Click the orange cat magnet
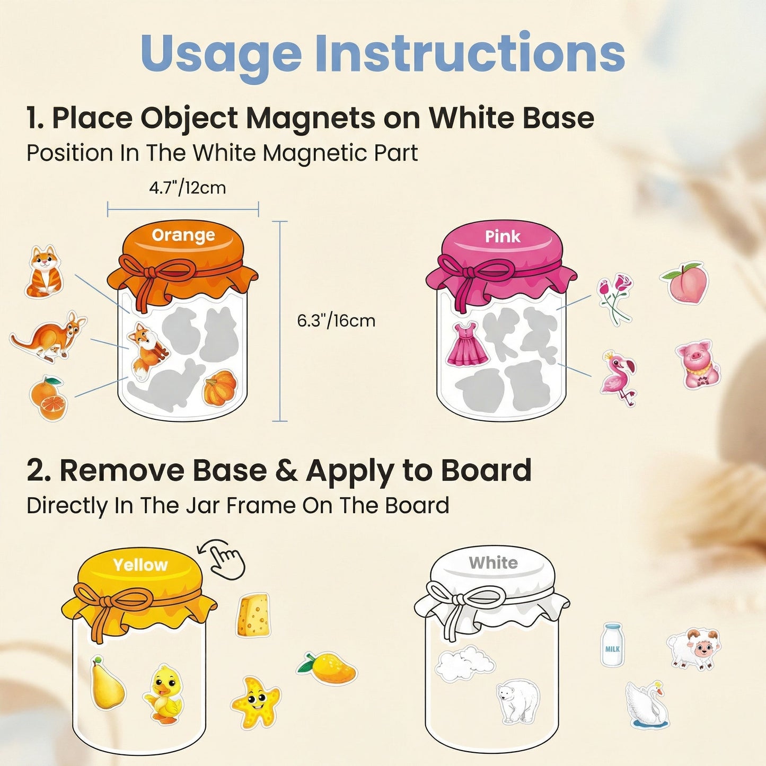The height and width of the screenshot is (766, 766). point(44,271)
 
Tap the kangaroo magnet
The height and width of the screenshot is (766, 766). point(48,337)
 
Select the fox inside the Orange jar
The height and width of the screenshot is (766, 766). point(147,349)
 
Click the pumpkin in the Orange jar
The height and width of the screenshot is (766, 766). point(220,388)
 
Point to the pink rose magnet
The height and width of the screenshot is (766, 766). point(615,297)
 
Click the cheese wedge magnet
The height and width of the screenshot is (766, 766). point(253,615)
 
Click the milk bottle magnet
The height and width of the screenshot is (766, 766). point(612,645)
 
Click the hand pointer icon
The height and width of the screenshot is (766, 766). point(224,559)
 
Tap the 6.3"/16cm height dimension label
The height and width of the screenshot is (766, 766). point(336,321)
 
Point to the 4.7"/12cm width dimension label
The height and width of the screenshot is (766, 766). point(188,188)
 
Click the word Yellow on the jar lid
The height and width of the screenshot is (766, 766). point(140,565)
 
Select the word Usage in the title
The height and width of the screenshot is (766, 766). point(221,54)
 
